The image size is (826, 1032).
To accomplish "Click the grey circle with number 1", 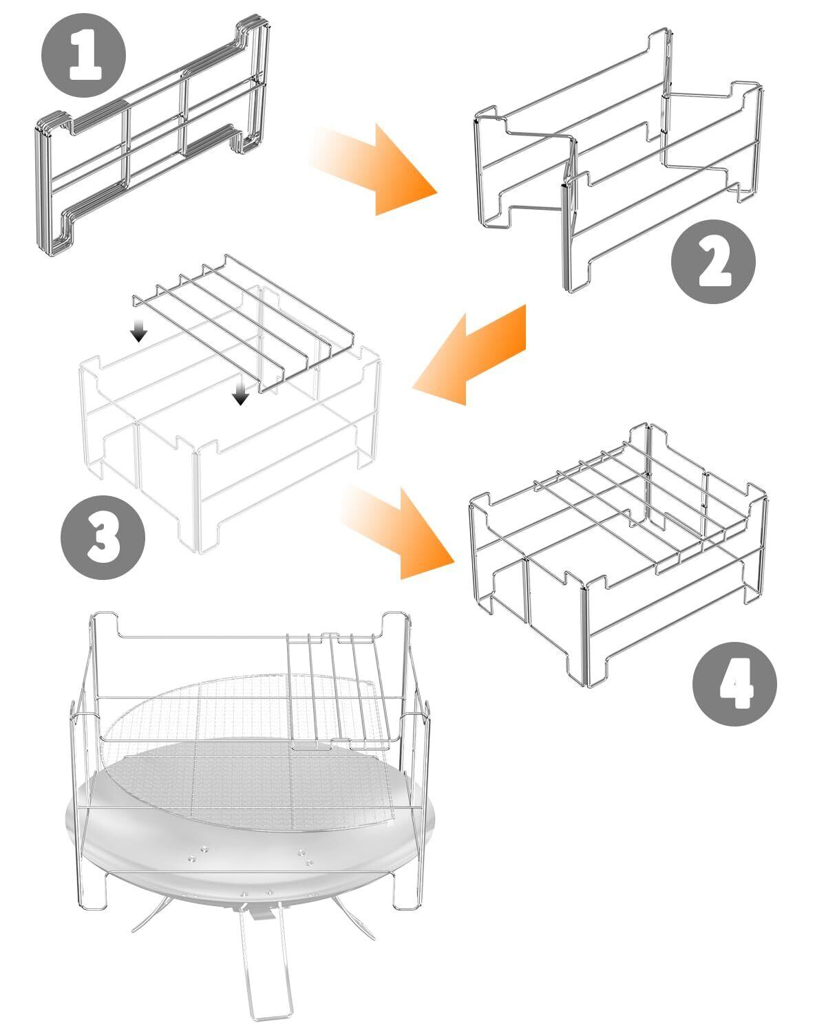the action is point(83,56).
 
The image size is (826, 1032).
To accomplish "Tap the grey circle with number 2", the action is point(713,261).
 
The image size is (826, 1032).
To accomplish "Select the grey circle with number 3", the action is point(103,537).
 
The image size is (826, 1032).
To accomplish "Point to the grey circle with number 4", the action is point(734,684).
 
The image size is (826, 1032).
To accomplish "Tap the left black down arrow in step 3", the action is point(139,328).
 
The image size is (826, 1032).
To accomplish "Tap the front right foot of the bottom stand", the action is point(407,891).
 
